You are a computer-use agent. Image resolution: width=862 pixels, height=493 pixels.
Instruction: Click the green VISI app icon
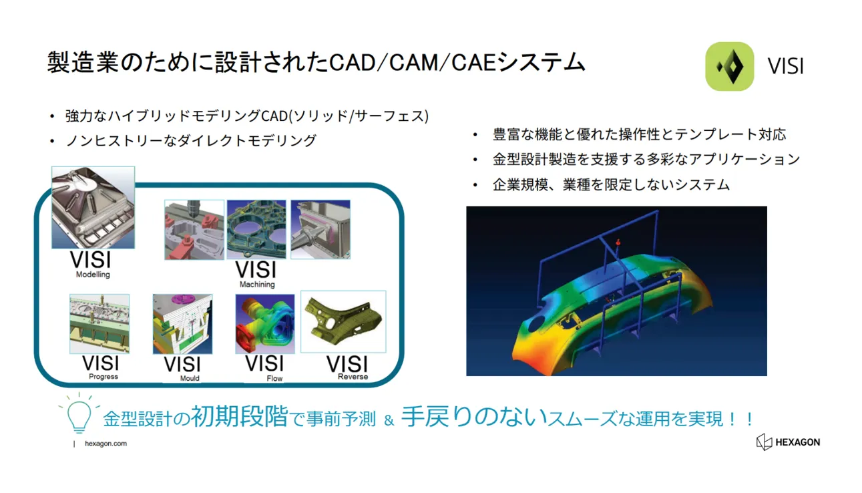[729, 66]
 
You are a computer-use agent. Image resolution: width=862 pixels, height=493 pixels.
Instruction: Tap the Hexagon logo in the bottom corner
[788, 442]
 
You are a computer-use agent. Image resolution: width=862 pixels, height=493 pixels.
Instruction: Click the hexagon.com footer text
[105, 444]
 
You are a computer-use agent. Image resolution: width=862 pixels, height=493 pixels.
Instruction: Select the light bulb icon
[79, 414]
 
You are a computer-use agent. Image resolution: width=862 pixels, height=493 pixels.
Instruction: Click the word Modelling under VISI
[93, 275]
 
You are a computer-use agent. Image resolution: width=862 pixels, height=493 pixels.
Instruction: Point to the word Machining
[257, 285]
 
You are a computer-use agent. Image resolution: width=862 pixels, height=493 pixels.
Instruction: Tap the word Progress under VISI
[103, 376]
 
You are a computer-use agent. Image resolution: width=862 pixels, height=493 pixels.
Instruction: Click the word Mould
[190, 378]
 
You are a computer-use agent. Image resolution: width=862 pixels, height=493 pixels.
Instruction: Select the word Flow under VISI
[274, 379]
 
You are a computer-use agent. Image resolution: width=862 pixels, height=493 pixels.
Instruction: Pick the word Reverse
[353, 376]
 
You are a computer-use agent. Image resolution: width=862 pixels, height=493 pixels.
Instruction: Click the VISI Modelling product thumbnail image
[93, 208]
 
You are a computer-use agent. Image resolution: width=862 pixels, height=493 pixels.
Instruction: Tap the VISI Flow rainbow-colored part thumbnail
[265, 324]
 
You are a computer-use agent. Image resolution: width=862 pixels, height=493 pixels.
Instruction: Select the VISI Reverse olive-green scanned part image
[343, 321]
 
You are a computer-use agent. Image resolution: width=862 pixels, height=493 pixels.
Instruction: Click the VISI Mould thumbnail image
[182, 324]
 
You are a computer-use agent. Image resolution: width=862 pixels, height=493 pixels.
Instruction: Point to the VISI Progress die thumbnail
[99, 324]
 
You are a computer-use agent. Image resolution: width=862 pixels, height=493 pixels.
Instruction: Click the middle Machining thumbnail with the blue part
[256, 229]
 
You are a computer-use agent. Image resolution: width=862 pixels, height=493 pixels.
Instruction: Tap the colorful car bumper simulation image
[616, 291]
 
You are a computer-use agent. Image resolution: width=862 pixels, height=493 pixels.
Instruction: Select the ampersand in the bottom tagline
[389, 420]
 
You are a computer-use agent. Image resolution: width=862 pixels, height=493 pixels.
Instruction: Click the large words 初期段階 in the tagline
[239, 416]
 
